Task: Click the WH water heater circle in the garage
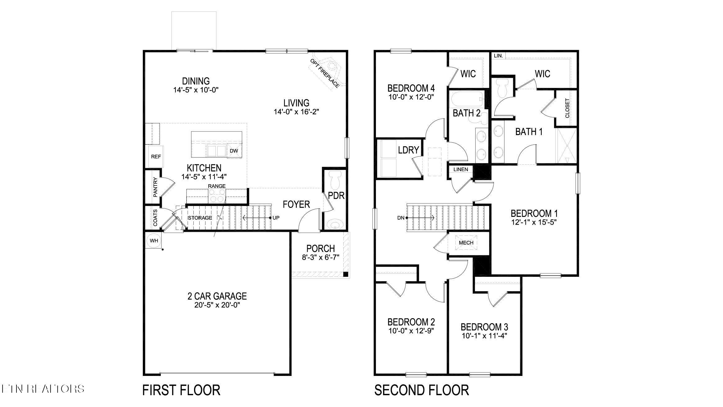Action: point(154,241)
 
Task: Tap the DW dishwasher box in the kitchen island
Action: point(234,151)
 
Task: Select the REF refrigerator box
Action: point(156,157)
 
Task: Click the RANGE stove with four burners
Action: point(217,195)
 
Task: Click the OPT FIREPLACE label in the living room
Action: point(324,73)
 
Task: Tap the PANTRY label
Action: point(156,187)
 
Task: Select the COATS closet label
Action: point(155,217)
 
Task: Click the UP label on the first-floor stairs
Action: point(276,218)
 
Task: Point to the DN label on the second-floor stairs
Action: point(401,218)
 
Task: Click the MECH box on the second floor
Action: point(466,243)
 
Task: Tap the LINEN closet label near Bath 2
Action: point(461,170)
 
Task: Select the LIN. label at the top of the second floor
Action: point(498,56)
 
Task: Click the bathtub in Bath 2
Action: point(467,99)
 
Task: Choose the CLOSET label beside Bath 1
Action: point(567,108)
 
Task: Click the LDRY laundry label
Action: point(409,150)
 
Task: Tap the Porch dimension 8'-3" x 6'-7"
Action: point(321,257)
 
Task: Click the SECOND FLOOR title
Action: point(422,390)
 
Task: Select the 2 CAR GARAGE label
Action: point(217,296)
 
